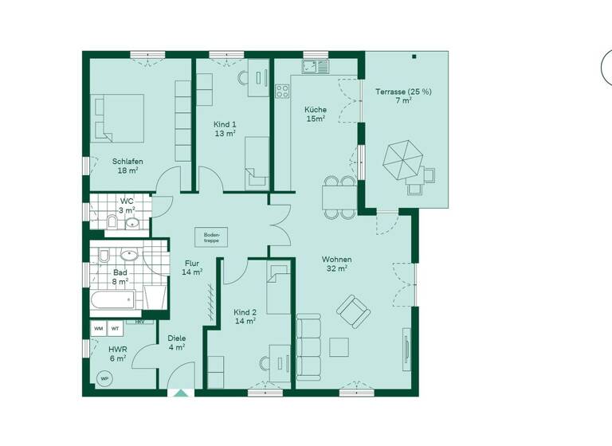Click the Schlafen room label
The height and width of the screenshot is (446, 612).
coord(127,166)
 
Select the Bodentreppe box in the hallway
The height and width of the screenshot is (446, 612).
coord(212,237)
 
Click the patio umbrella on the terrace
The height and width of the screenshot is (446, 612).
coord(401,160)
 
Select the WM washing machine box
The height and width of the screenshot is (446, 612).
coord(99,328)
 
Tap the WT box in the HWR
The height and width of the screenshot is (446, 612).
coord(116,328)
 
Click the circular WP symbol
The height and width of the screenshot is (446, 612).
coord(103,378)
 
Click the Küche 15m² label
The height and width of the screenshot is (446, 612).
coord(316,114)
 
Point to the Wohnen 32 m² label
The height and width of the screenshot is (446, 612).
coord(336,264)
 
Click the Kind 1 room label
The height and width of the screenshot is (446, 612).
coord(225,129)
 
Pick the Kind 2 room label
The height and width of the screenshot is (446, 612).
coord(245,316)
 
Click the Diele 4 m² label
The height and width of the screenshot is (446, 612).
coord(176,342)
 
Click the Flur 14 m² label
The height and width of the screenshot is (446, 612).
coord(192,267)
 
